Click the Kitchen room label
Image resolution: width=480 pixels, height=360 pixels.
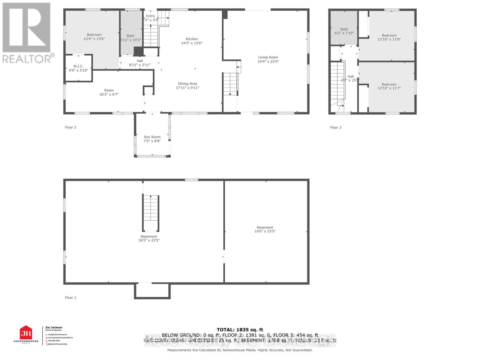[192, 39]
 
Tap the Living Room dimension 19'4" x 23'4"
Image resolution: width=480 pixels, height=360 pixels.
[268, 61]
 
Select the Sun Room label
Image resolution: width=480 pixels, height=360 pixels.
[152, 137]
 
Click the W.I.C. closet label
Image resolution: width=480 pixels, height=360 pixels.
[78, 66]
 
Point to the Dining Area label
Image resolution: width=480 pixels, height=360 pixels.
[187, 84]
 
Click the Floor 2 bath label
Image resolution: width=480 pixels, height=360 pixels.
[130, 36]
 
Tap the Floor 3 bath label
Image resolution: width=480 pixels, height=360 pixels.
[344, 29]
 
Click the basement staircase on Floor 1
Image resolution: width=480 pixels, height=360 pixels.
[151, 213]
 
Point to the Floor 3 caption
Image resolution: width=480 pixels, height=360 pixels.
[336, 127]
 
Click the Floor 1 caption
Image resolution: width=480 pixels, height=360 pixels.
[70, 298]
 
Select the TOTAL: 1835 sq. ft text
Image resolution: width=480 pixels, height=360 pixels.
[240, 330]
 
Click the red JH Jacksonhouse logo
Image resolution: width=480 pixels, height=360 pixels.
[26, 333]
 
